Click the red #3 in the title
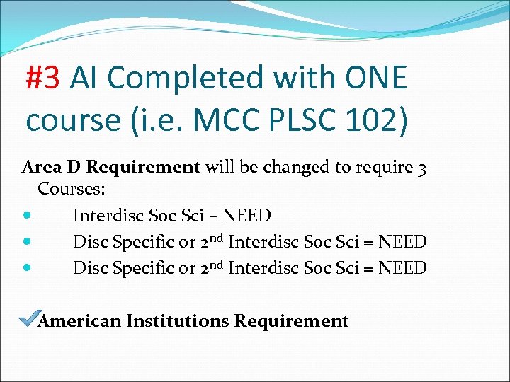coord(44,78)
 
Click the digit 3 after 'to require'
coord(421,168)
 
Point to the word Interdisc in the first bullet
coord(108,215)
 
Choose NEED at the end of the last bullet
coord(402,268)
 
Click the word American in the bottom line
coord(80,321)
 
